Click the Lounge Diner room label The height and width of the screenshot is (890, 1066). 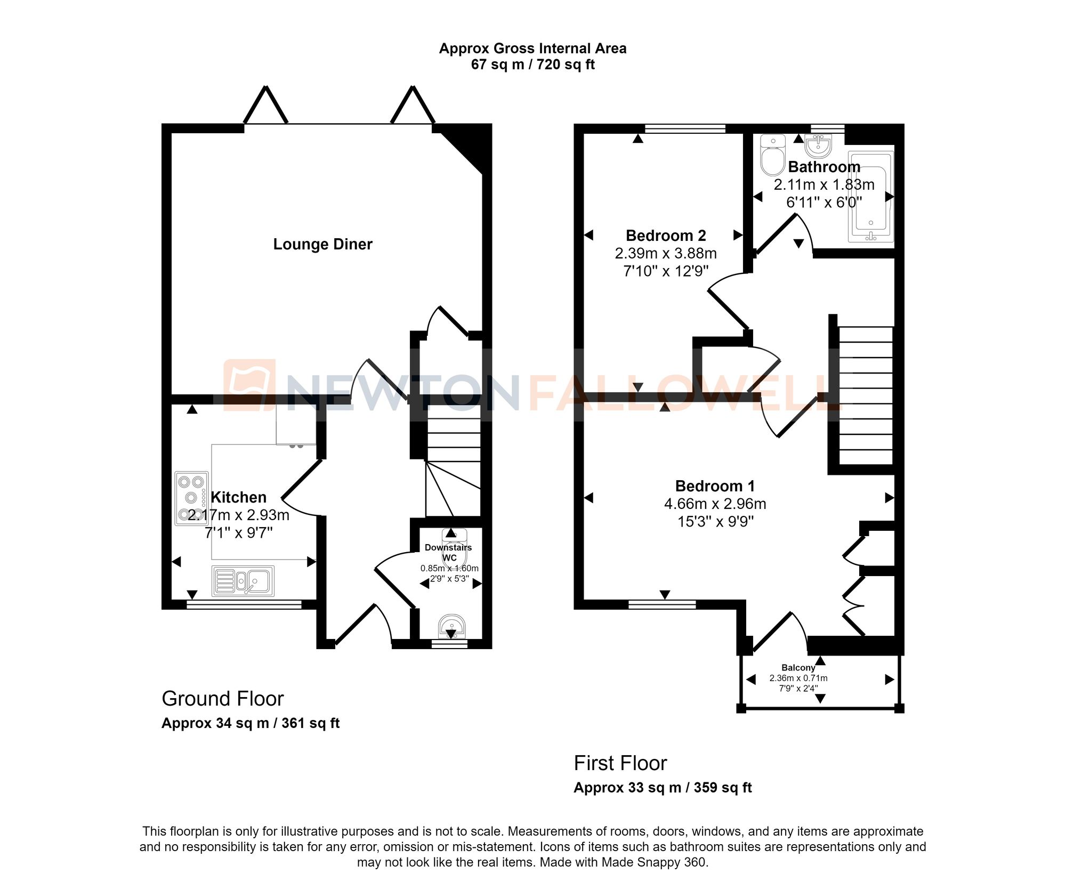(322, 244)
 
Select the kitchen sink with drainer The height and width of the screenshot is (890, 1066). (243, 581)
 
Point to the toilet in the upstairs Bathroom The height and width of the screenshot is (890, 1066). (772, 155)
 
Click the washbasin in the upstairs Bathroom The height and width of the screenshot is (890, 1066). (818, 145)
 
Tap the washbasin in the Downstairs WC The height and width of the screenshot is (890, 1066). (451, 626)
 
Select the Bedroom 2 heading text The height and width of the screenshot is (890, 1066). (666, 236)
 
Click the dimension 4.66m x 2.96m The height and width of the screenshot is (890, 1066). (715, 504)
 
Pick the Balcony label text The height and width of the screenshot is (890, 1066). (798, 668)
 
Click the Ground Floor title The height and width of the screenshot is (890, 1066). (222, 699)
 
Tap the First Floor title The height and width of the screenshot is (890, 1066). (620, 763)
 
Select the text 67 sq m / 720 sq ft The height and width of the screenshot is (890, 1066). (532, 64)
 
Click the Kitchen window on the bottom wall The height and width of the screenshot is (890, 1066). (244, 604)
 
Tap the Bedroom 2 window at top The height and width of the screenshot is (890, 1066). (685, 128)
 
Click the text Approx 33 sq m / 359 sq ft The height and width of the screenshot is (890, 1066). (663, 788)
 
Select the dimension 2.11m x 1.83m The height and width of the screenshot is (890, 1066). (824, 185)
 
